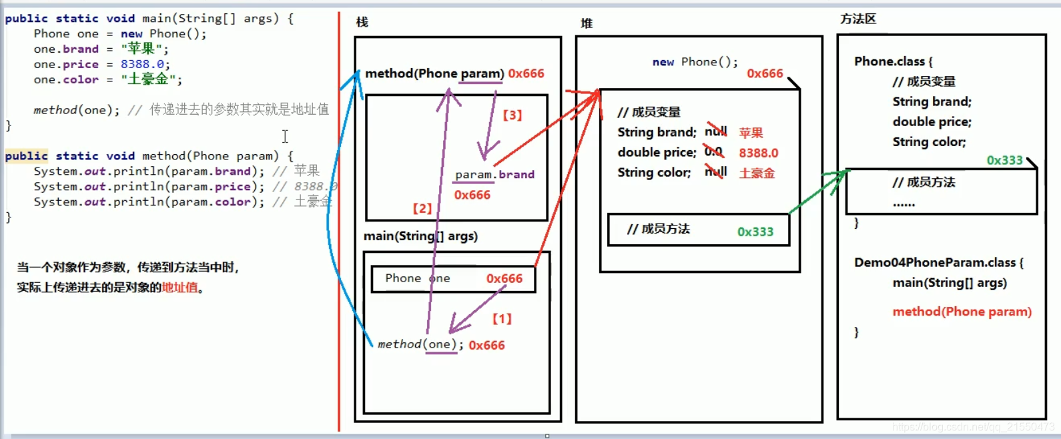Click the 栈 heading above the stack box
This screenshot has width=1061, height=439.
tap(362, 22)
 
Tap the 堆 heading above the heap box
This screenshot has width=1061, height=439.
tap(587, 23)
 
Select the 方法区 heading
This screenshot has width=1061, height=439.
tap(858, 19)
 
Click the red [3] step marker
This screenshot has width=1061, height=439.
tap(512, 115)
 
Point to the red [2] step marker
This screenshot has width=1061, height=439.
tap(422, 208)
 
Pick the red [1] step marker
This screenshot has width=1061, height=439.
tap(502, 319)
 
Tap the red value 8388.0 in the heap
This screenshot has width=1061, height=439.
tap(758, 153)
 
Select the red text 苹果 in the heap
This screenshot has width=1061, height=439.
tap(751, 133)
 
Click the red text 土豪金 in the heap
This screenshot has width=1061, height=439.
tap(757, 173)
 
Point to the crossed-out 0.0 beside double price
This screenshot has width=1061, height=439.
tap(713, 151)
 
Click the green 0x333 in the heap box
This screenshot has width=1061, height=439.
tap(755, 232)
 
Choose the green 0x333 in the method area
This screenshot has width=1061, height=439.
tap(1004, 160)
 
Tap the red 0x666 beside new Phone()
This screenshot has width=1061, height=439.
tap(765, 73)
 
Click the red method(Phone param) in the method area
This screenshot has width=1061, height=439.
tap(962, 312)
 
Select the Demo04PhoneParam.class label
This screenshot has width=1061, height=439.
tap(934, 262)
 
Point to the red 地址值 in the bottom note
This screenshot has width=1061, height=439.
tap(180, 288)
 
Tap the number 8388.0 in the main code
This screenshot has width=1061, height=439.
tap(142, 64)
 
